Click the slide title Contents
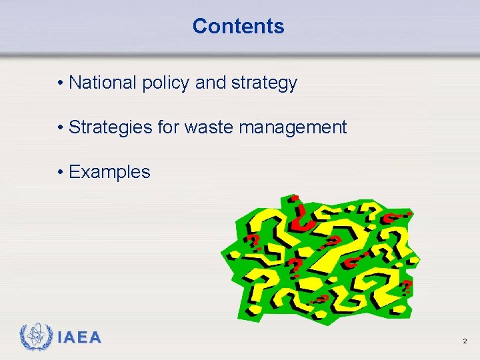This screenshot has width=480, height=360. [238, 26]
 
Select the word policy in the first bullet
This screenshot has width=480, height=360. [165, 83]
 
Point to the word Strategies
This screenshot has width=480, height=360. [110, 127]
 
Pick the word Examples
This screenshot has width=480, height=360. [109, 172]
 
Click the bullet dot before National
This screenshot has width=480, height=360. [60, 83]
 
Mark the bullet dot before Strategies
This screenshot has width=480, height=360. [60, 127]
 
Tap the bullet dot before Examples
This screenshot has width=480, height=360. [60, 172]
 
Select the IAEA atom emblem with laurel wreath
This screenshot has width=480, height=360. [35, 337]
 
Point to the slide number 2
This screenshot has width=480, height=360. [464, 341]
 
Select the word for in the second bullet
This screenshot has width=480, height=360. [169, 127]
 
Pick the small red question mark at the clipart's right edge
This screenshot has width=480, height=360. [406, 287]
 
